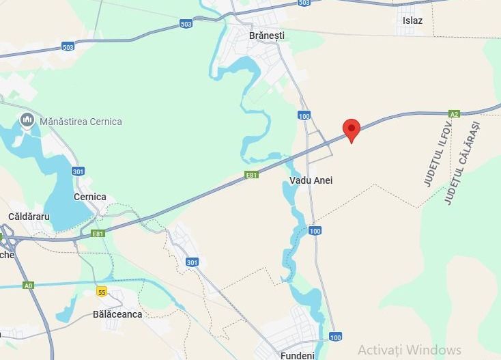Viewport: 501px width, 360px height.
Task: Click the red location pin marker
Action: click(352, 129)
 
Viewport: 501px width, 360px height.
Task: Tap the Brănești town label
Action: click(267, 36)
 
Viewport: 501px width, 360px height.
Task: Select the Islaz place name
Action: click(412, 20)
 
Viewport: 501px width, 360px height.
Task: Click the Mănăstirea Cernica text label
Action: click(81, 122)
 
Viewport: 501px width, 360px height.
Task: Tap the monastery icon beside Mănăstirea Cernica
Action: click(27, 121)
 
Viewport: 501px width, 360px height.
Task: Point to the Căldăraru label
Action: click(29, 216)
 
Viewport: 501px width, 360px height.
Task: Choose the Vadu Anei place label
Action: click(311, 180)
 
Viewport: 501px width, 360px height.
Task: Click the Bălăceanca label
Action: click(117, 314)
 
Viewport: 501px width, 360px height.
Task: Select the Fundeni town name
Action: click(297, 355)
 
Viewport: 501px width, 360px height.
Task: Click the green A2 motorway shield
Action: click(455, 113)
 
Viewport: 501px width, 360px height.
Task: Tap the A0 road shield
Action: click(28, 285)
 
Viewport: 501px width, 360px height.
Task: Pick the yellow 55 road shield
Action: click(102, 292)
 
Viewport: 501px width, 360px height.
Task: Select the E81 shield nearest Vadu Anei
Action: click(252, 176)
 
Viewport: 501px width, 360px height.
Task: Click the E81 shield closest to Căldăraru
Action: click(99, 233)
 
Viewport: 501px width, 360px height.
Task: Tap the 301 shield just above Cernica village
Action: click(78, 171)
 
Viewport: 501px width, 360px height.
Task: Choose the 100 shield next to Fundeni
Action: click(335, 337)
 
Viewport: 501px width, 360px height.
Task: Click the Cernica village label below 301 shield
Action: click(90, 197)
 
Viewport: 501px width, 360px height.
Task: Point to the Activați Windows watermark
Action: click(410, 349)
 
